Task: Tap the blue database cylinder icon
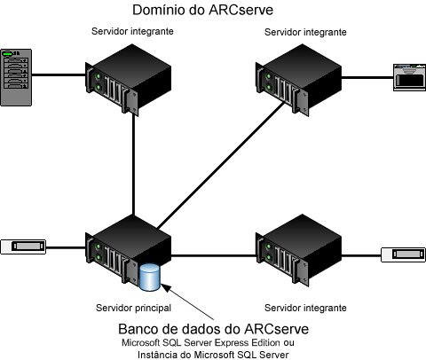pos(152,277)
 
